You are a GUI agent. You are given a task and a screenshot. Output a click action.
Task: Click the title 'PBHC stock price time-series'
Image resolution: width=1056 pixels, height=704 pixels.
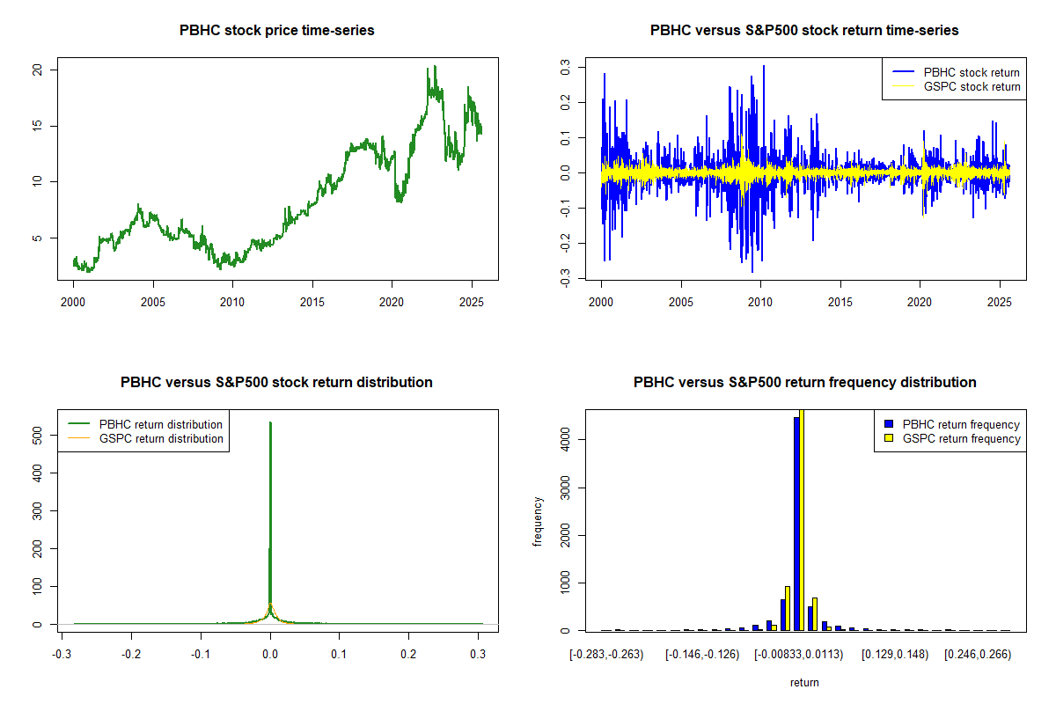click(x=277, y=31)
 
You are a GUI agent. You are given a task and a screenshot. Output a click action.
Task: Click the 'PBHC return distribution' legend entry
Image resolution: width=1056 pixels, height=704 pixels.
click(x=161, y=424)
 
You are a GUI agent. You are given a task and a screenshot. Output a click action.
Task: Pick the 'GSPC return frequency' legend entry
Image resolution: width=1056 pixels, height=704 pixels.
click(x=961, y=438)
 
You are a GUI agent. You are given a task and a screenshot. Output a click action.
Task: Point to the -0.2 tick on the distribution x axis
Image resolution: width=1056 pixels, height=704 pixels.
click(x=131, y=655)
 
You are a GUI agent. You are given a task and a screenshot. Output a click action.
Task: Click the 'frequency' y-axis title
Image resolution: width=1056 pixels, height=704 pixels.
click(x=538, y=522)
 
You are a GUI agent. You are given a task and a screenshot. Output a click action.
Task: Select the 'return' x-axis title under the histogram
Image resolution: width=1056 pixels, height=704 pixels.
click(x=804, y=682)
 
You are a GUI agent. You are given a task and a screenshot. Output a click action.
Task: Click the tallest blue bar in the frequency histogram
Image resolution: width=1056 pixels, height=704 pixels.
click(x=796, y=524)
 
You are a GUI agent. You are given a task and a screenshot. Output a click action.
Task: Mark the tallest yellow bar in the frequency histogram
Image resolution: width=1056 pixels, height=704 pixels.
click(x=802, y=519)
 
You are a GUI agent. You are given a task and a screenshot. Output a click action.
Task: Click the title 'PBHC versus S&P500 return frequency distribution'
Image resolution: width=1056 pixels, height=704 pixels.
click(x=804, y=383)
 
